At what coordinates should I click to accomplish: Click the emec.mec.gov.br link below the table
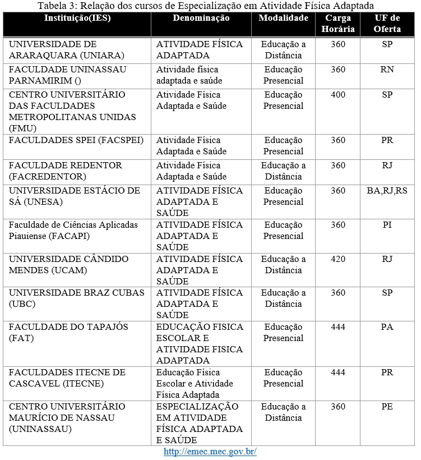(210, 452)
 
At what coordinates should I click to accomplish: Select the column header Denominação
(201, 19)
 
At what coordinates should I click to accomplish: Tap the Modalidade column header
(283, 19)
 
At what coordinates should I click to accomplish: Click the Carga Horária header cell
(338, 24)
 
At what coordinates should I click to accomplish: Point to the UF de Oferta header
(387, 24)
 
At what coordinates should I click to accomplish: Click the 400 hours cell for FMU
(338, 95)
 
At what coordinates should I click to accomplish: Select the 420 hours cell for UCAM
(338, 259)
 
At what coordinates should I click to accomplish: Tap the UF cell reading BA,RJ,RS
(387, 191)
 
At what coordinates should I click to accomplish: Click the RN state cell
(387, 70)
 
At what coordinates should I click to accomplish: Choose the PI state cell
(387, 225)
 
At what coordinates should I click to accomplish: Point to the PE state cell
(387, 407)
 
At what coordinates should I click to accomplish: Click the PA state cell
(387, 327)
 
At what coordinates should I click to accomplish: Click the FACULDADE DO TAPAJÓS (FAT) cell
(68, 333)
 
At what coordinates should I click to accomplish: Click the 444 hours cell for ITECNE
(338, 372)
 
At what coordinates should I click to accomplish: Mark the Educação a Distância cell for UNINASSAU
(283, 412)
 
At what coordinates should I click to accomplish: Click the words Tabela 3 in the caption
(55, 6)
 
